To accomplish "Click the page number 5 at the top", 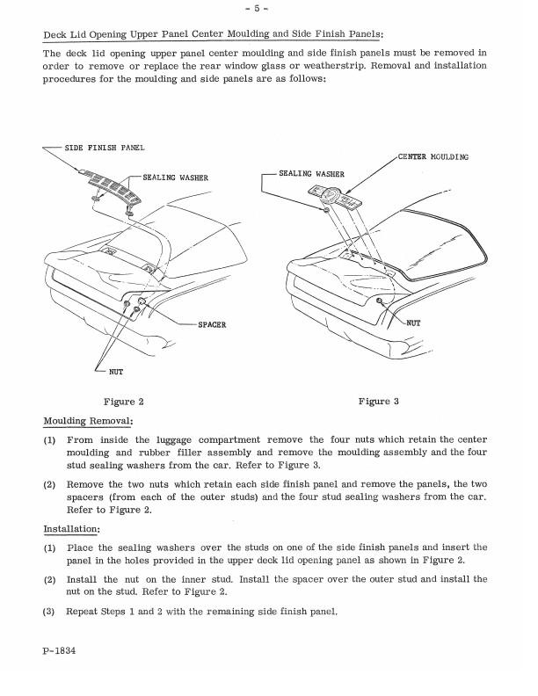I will (269, 11).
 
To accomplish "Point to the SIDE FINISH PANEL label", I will (105, 147).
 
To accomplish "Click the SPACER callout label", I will (212, 324).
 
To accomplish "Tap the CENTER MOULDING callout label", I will (433, 156).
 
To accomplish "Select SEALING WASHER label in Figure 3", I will (311, 174).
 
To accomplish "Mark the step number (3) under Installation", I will (50, 612).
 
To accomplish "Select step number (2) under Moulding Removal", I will (50, 483).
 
